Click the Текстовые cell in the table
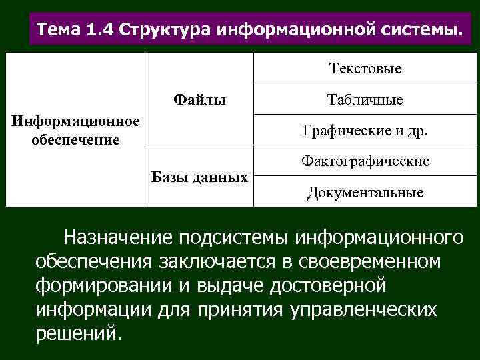(x=365, y=68)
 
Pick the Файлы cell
(x=199, y=100)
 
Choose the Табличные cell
(x=365, y=100)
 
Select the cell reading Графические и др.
(x=365, y=131)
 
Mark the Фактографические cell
(x=365, y=161)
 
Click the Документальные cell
(x=365, y=193)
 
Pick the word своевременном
(x=373, y=261)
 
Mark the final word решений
(x=78, y=333)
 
